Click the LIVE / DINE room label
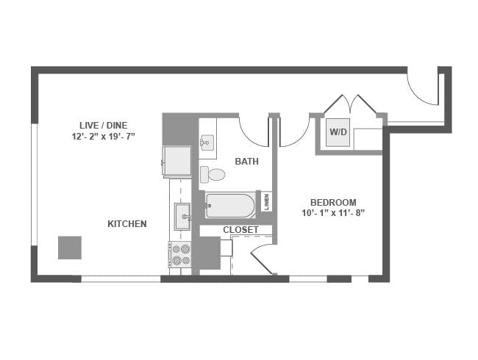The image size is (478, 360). coord(104,126)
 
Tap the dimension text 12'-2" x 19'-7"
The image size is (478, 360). coord(104,137)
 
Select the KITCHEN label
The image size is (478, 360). coord(127,224)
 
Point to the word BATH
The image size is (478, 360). coord(247,161)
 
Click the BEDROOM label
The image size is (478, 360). coord(333,202)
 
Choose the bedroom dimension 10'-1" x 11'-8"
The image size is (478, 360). coord(333,213)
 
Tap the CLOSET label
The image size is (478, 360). coord(240,230)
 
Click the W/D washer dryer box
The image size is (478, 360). coord(338,132)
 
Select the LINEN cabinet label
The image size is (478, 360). coord(267,202)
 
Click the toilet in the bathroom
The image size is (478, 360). coord(213,175)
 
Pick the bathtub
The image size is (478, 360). coord(230,206)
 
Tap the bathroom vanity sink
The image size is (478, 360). coord(207,143)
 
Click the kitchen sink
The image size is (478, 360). coord(182,217)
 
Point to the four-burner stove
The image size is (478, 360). coord(180,254)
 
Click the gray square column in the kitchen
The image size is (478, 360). coord(70,248)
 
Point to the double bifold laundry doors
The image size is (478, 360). coord(350,103)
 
